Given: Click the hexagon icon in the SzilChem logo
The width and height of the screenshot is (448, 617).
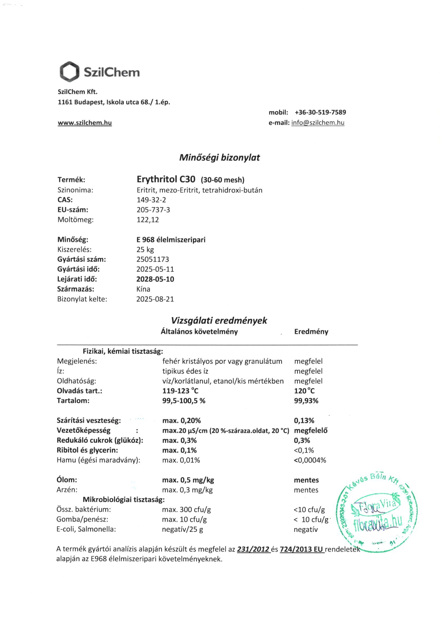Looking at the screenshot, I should [70, 72].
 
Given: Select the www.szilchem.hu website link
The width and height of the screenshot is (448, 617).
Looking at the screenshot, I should [85, 123].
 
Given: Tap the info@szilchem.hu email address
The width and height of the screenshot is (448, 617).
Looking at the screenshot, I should [318, 123].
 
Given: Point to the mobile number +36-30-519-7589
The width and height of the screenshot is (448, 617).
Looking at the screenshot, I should [320, 112].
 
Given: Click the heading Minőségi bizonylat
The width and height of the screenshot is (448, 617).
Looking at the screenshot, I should [220, 158].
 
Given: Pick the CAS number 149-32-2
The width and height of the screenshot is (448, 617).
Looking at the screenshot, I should [151, 200].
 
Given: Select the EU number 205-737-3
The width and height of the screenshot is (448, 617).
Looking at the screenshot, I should [153, 210].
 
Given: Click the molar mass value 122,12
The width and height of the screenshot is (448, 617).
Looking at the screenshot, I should [148, 220].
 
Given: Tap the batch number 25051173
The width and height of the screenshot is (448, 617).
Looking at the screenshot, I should [152, 259].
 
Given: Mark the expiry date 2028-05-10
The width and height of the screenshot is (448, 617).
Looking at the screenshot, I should [155, 279].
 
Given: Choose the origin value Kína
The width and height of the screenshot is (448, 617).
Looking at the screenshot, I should [143, 289].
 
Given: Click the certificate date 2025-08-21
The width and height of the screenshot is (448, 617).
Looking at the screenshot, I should [155, 299].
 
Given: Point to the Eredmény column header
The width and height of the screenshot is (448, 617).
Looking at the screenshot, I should [311, 332].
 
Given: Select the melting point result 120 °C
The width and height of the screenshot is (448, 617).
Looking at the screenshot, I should [304, 391].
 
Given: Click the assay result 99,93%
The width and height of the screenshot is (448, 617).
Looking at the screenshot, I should [306, 401].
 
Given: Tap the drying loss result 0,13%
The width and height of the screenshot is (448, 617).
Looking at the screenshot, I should [304, 421].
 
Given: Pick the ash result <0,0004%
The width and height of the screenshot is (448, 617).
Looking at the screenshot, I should [310, 460].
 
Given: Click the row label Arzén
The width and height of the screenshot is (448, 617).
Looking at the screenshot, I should [67, 490].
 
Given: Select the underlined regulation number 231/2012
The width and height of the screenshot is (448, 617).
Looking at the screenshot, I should [253, 549].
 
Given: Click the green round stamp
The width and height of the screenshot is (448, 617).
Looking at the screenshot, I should [377, 515].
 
